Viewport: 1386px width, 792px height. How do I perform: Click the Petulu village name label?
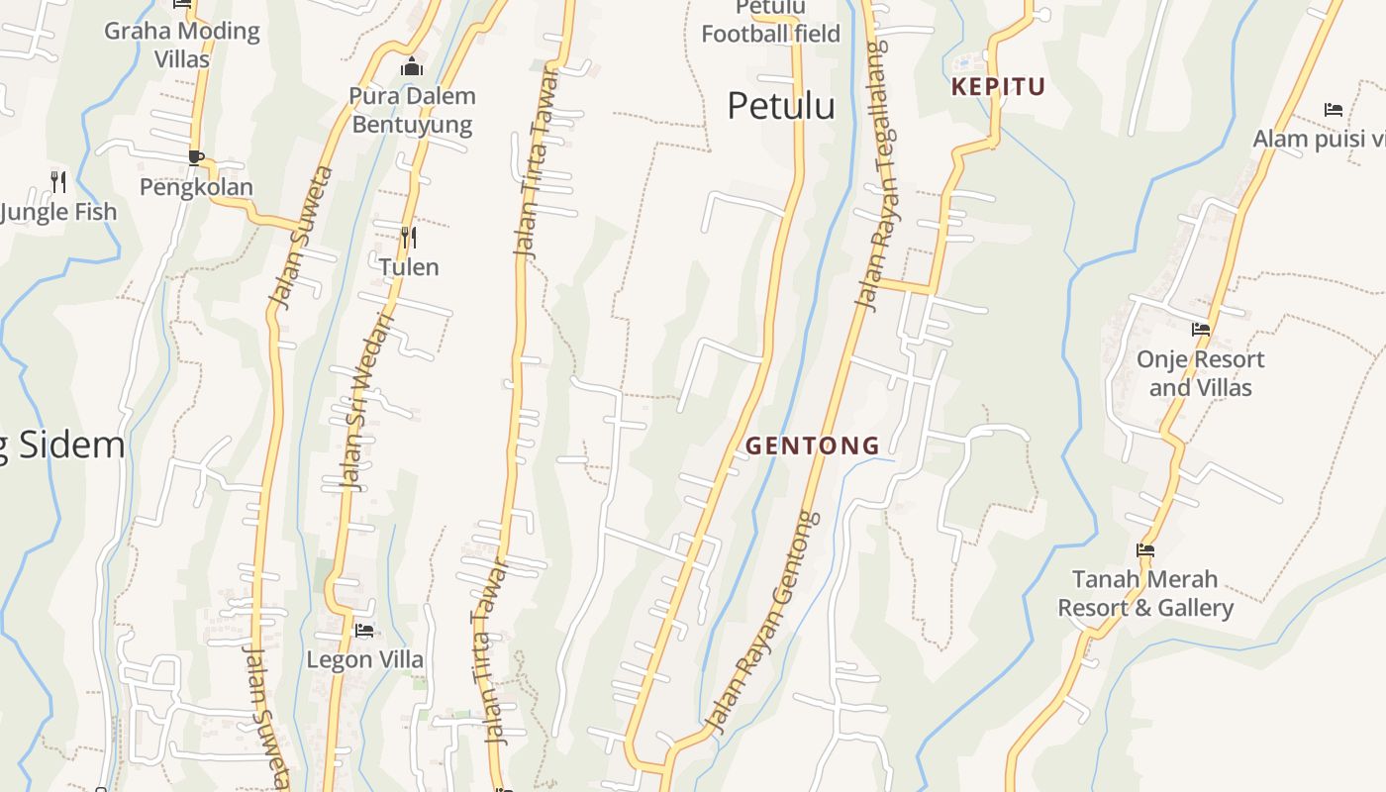point(781,105)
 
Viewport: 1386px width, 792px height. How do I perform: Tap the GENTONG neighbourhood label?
point(813,445)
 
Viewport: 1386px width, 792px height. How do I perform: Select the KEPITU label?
point(998,87)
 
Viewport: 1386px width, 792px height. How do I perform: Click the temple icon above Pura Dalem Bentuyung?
point(411,67)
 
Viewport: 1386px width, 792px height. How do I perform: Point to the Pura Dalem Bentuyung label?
point(412,110)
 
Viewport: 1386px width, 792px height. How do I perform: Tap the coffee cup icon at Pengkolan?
point(196,157)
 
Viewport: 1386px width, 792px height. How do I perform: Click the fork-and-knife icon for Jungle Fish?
point(58,181)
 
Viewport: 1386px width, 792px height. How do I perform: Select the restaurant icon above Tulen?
point(408,237)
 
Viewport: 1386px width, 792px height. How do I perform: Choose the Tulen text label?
point(409,266)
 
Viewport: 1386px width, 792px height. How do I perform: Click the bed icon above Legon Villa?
point(364,630)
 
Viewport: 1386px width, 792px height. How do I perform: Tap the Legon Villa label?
point(364,659)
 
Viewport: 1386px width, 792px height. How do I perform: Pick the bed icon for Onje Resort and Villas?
point(1201,330)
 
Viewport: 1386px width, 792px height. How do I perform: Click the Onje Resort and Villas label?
point(1201,373)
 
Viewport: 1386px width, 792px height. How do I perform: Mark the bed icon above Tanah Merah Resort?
point(1145,550)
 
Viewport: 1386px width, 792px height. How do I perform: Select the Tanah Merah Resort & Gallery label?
point(1145,593)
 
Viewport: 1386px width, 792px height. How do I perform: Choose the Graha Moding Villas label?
point(182,45)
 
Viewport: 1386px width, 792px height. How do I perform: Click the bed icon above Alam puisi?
point(1334,110)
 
